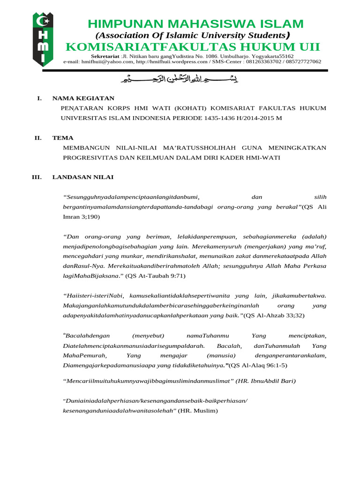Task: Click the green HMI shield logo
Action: pos(43,39)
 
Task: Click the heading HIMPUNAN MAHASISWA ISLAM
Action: pos(195,24)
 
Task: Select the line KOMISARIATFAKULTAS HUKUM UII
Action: pos(193,47)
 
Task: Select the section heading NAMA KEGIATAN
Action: pos(83,98)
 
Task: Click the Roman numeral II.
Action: pos(38,138)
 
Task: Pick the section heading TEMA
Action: pos(62,138)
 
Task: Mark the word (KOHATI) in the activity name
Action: pos(191,108)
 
